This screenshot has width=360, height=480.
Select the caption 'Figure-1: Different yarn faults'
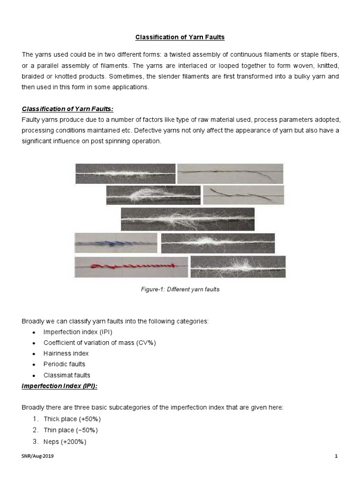click(x=180, y=290)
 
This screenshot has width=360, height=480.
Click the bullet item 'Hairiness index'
click(x=66, y=353)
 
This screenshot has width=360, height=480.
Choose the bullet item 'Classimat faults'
click(x=67, y=375)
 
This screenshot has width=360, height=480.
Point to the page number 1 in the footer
click(x=337, y=456)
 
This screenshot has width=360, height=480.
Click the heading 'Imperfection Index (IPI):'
click(x=59, y=386)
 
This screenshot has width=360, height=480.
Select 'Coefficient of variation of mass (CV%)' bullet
click(x=99, y=342)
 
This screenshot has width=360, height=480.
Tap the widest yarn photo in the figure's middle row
click(x=187, y=219)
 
